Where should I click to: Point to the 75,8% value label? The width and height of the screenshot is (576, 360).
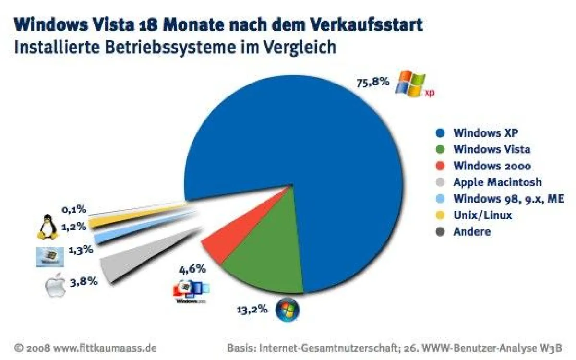372,83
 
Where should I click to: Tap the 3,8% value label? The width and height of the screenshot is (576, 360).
84,282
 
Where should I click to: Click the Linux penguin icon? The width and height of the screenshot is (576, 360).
47,227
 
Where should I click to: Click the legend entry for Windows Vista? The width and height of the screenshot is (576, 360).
491,149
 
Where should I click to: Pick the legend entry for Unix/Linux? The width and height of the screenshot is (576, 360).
482,215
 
